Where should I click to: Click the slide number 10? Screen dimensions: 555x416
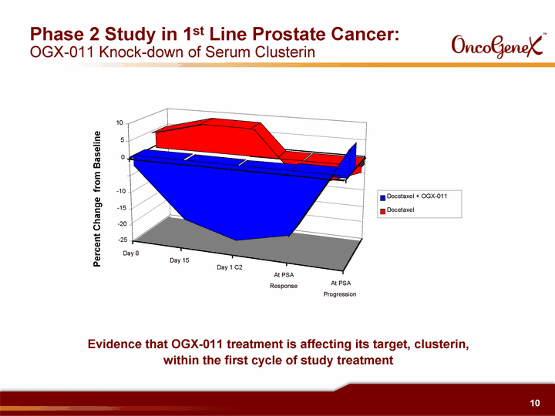pos(535,403)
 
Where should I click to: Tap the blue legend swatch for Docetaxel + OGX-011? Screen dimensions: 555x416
pos(382,198)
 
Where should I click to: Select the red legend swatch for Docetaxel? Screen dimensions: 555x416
pos(382,211)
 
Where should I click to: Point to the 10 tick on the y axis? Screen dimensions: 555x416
pos(119,122)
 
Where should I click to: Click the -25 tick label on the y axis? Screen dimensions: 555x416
pos(123,240)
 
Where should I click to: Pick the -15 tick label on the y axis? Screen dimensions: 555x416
pos(122,208)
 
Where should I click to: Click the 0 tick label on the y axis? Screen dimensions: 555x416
pos(123,157)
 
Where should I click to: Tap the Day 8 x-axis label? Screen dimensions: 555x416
pos(131,253)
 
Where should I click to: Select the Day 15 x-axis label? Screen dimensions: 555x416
pos(180,260)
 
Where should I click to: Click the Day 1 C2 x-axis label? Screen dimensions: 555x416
pos(230,267)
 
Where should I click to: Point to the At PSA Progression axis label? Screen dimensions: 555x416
pos(340,289)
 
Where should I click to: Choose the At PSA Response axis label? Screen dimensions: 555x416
pos(284,280)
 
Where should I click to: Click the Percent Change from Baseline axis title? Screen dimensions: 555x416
pos(97,199)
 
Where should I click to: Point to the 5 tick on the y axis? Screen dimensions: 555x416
pos(123,140)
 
